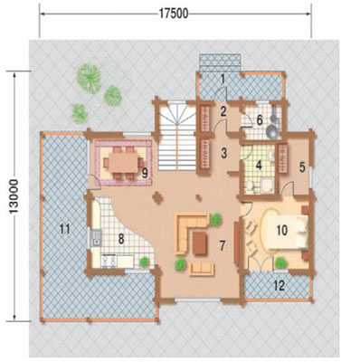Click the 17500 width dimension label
(x=174, y=14)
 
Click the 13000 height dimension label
(x=14, y=196)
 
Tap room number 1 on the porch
(x=223, y=79)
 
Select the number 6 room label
(x=260, y=120)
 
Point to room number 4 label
(x=259, y=166)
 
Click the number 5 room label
(x=303, y=167)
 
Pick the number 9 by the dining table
(x=145, y=173)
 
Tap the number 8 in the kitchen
(x=121, y=239)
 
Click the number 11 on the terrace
(x=65, y=229)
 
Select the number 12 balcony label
(x=279, y=285)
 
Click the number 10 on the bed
(x=282, y=231)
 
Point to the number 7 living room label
(x=223, y=246)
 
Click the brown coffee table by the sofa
(x=200, y=243)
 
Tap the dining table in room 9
(x=123, y=162)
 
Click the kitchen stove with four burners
(x=109, y=261)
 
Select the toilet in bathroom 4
(x=250, y=186)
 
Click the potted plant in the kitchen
(x=145, y=262)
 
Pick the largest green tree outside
(x=89, y=78)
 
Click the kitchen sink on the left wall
(x=96, y=238)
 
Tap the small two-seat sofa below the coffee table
(x=202, y=269)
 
